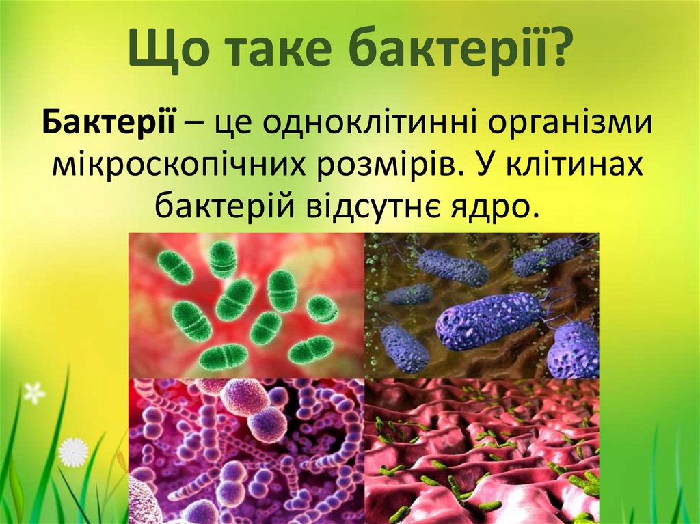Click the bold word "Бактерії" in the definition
click(109, 122)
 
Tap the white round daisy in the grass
click(74, 452)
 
